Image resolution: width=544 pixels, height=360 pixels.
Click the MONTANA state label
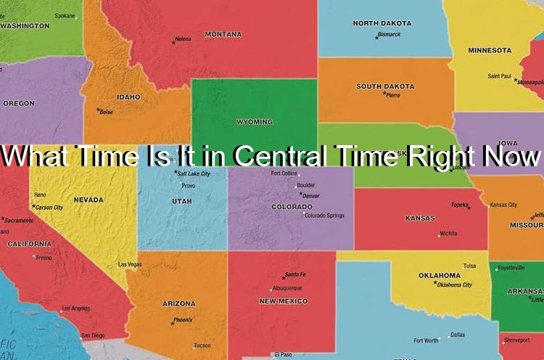tap(223, 34)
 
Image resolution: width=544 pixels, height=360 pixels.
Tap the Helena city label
tap(184, 38)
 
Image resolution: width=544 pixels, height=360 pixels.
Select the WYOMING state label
tap(255, 122)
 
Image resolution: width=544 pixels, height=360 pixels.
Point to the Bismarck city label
tap(389, 34)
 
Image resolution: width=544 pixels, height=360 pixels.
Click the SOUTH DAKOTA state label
tap(385, 86)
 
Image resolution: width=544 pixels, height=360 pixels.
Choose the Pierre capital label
tap(392, 95)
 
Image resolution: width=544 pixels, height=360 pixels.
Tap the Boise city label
tap(106, 112)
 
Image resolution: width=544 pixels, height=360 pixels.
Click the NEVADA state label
tap(88, 200)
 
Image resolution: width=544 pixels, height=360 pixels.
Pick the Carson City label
tap(49, 208)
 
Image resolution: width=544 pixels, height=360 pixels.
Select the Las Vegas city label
tap(130, 264)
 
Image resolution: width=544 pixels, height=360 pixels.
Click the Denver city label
tap(310, 196)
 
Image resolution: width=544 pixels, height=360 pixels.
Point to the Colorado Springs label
tap(324, 216)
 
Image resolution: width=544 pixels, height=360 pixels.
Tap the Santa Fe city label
tap(295, 274)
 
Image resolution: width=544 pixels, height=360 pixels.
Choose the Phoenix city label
tap(183, 320)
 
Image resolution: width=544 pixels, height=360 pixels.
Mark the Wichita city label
tap(448, 234)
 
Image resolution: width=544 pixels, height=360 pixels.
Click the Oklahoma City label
tap(455, 285)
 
